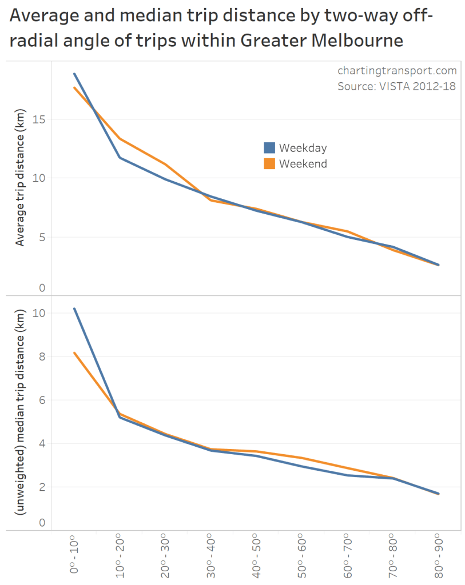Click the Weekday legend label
303,148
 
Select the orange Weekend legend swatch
269,164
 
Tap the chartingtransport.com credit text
398,71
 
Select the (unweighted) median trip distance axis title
21,413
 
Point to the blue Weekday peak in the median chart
74,308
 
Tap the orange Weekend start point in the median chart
74,352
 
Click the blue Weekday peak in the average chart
74,74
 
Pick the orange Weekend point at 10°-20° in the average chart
120,139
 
